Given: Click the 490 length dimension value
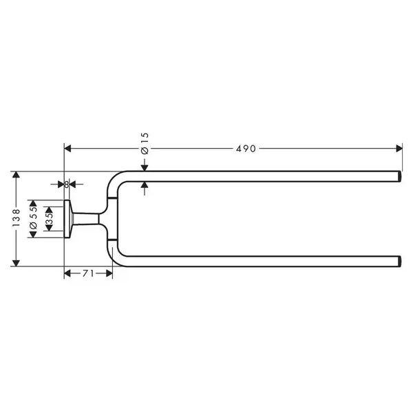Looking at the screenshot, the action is (246, 149).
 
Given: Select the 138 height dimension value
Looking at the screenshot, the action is (16, 218).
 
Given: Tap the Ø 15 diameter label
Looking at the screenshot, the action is (145, 144).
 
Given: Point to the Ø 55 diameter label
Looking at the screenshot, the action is (33, 218).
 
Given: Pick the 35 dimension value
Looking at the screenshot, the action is (49, 218).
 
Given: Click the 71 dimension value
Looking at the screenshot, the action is (88, 274).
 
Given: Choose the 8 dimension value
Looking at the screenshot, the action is (67, 184).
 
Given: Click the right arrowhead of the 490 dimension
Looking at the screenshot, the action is (399, 149).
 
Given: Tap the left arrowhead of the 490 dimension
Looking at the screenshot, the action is (68, 149).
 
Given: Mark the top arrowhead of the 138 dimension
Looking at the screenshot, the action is (16, 175).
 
